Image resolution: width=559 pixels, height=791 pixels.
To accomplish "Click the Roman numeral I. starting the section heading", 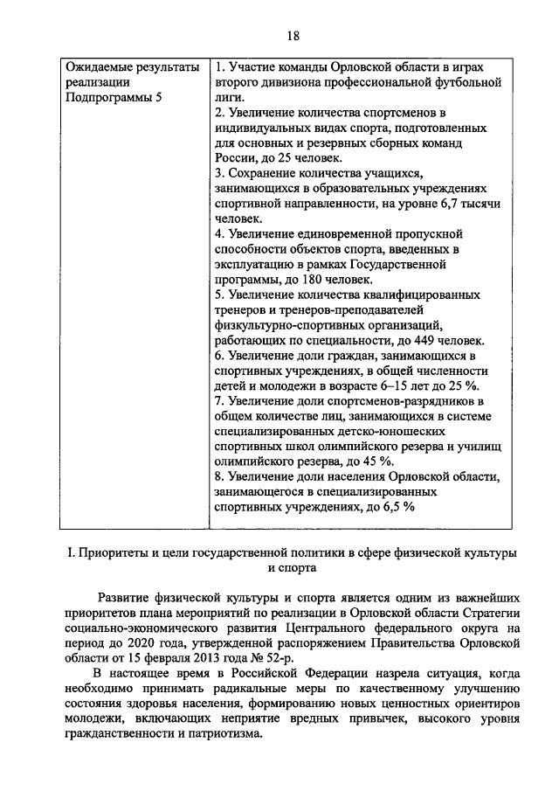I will pos(71,552).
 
